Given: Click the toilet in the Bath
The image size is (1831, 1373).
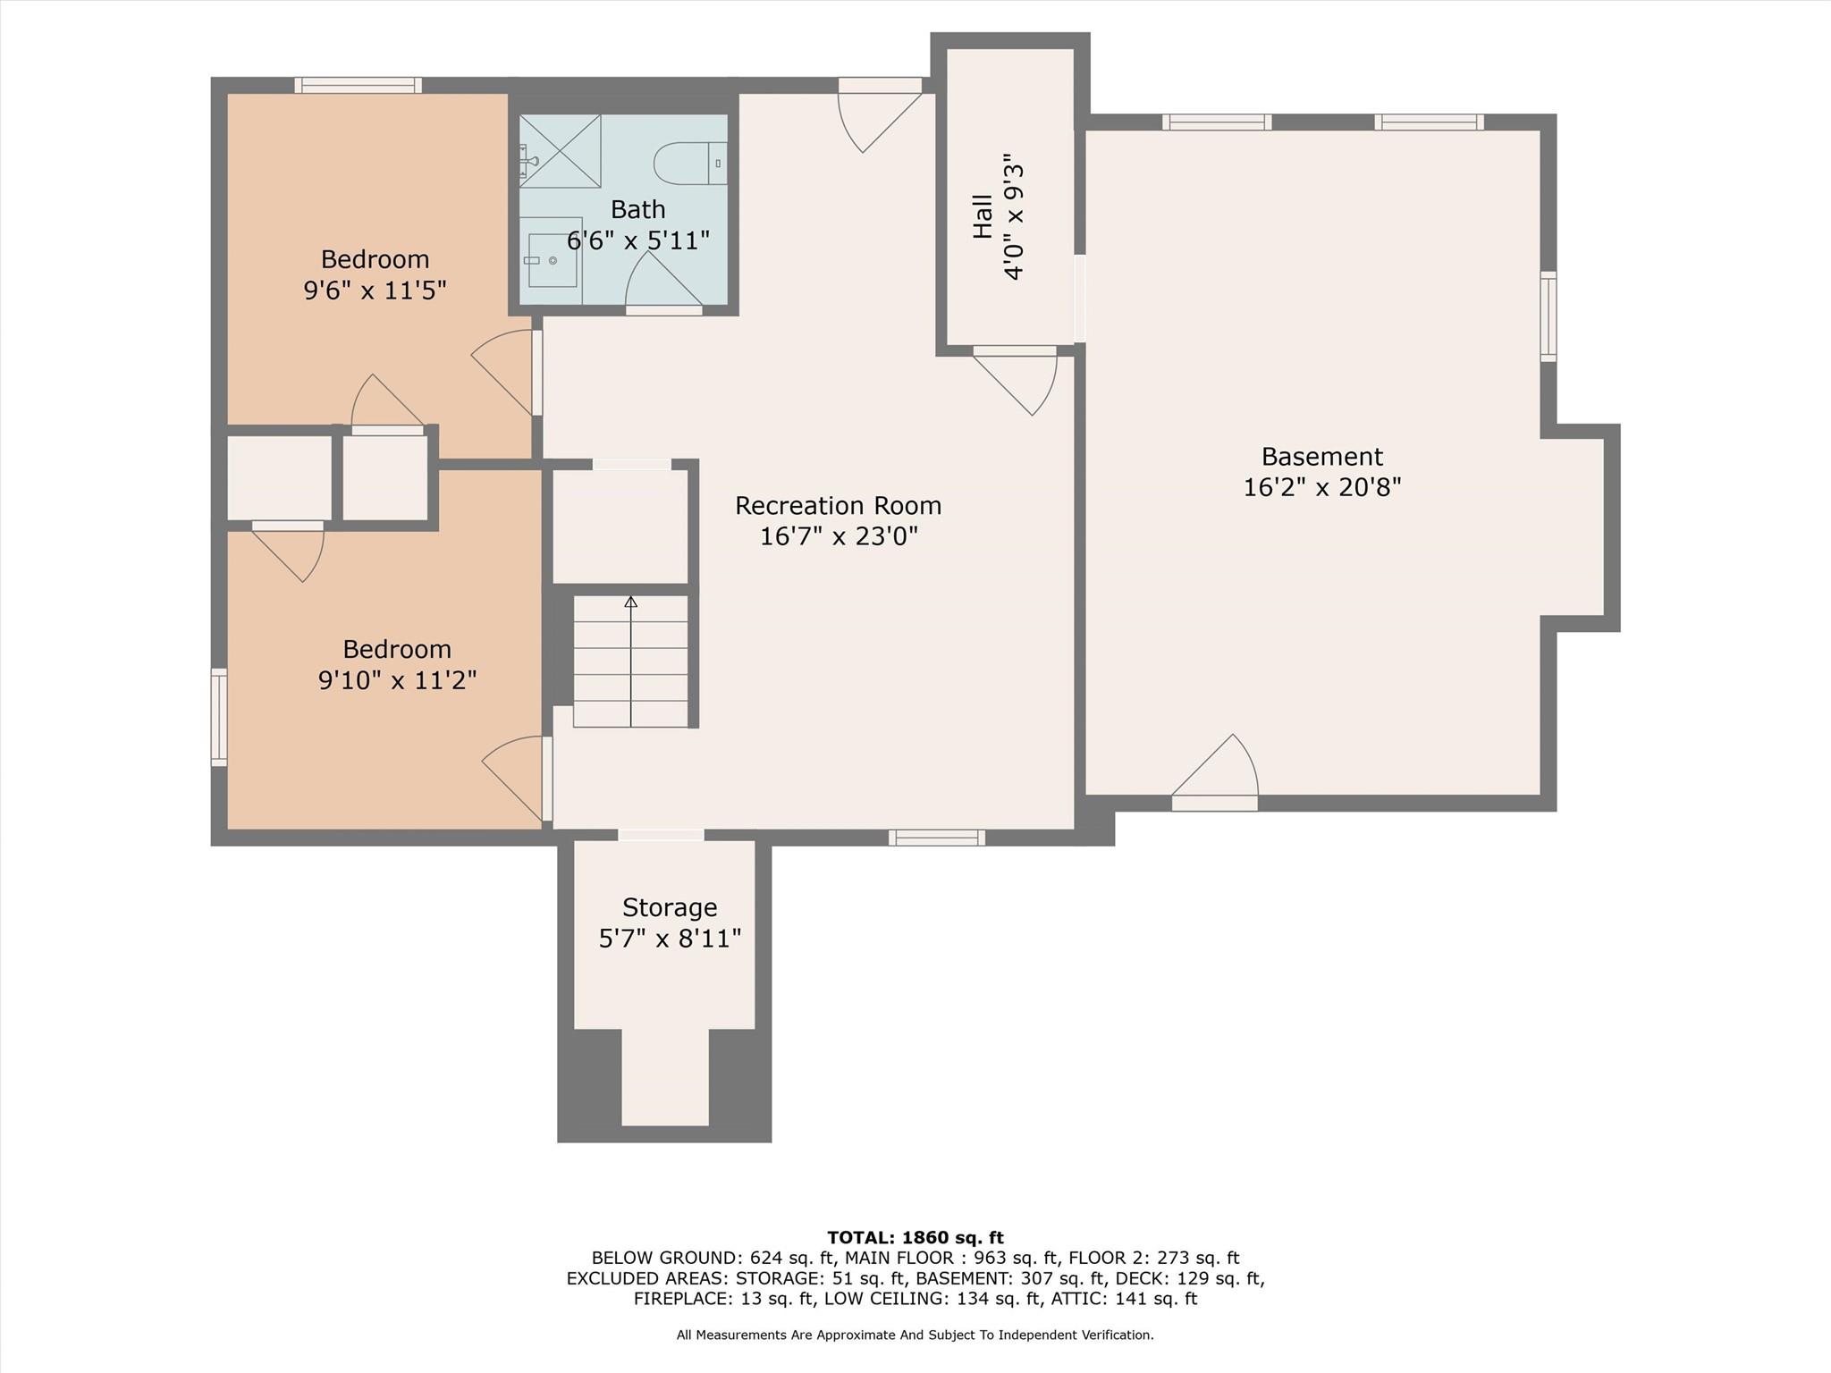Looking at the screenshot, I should click(688, 164).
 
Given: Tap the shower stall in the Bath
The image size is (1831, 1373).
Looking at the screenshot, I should click(561, 151).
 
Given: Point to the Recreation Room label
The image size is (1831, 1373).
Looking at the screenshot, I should click(838, 506).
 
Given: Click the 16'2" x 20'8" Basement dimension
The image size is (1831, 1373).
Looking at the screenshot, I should click(1321, 487).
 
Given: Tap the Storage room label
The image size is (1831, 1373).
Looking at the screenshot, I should click(670, 907).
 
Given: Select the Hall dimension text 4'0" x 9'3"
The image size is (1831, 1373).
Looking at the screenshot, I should click(1013, 216).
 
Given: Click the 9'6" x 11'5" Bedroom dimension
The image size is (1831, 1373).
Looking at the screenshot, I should click(375, 291).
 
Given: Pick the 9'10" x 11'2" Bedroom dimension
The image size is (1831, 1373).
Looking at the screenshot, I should click(397, 680).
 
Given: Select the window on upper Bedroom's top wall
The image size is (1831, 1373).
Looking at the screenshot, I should click(358, 85).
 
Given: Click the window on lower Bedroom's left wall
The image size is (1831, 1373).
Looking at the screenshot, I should click(219, 717).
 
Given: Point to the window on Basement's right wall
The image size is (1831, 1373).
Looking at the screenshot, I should click(1548, 316).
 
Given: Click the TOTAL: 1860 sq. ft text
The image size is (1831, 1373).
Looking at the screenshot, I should click(915, 1238).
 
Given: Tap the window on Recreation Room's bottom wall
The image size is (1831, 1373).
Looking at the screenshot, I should click(936, 838).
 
